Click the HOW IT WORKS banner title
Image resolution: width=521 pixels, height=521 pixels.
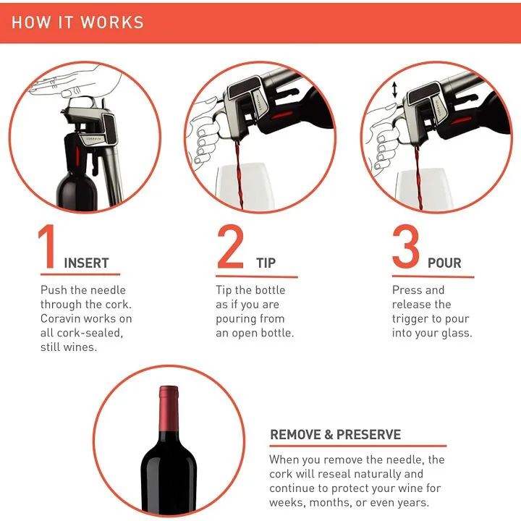(77, 22)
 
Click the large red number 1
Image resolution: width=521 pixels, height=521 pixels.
(48, 248)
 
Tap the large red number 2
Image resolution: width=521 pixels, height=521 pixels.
(230, 248)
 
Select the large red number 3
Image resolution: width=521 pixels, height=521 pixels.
(406, 248)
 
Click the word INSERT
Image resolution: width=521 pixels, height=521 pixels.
(87, 263)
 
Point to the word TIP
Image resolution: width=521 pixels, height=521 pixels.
(266, 263)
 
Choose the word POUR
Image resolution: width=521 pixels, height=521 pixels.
(444, 263)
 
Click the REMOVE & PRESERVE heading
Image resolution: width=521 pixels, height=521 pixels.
(335, 435)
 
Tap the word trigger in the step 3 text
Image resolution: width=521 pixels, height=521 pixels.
(412, 318)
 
